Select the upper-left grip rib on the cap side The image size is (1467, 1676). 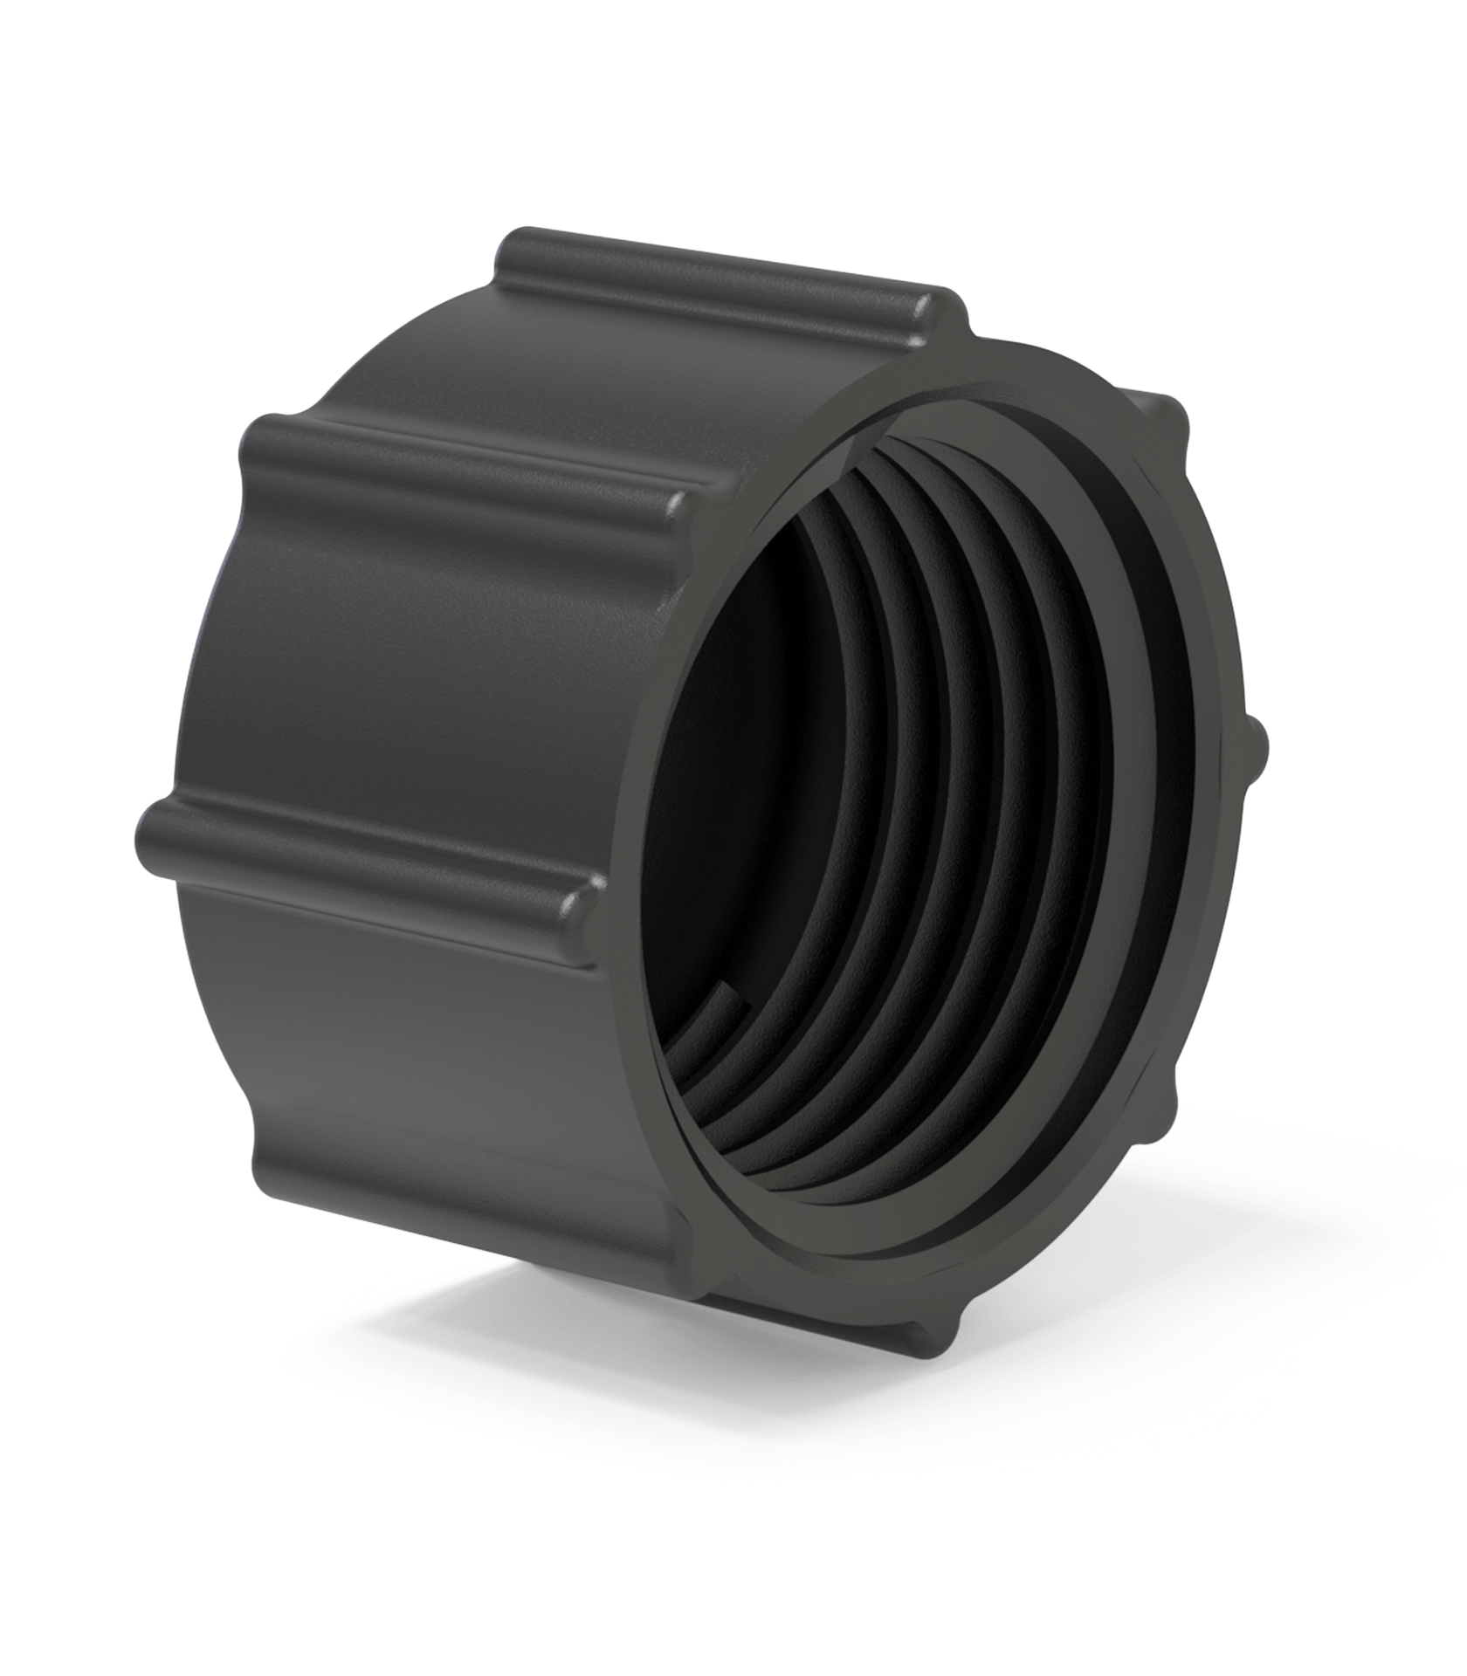tap(463, 463)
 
